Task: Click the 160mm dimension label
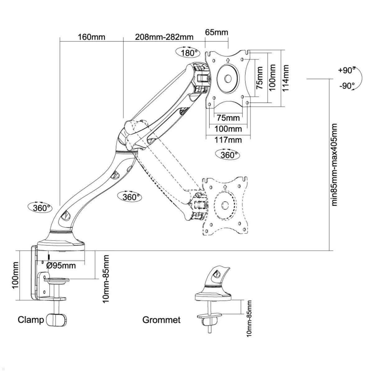coord(91,37)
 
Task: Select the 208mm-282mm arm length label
coord(164,37)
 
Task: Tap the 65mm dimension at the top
coord(217,32)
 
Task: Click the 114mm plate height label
coord(285,78)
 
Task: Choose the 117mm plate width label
coord(228,140)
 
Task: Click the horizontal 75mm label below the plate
coord(228,118)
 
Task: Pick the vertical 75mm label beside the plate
coord(260,78)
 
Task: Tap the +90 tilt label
coord(346,70)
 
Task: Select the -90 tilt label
coord(346,86)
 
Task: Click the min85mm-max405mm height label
coord(334,165)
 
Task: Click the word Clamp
coord(30,320)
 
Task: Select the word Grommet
coord(161,320)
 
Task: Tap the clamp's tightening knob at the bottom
coord(57,320)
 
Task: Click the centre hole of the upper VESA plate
coord(228,79)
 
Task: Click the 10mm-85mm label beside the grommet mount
coord(249,318)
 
